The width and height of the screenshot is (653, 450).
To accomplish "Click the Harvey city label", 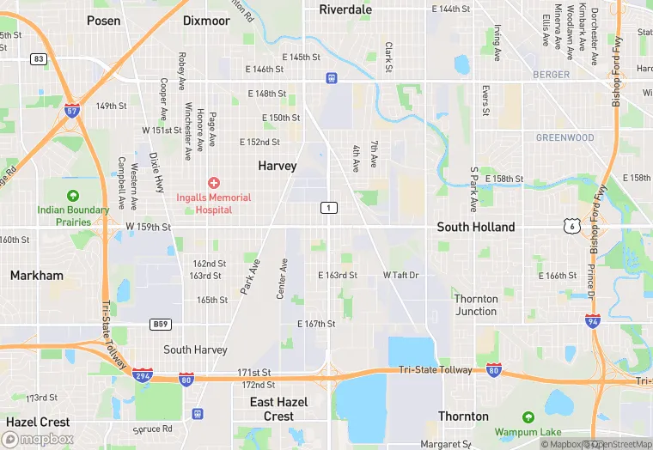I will point(278,166).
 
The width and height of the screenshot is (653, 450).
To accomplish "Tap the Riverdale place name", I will point(345,9).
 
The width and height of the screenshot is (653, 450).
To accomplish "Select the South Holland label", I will point(476,228).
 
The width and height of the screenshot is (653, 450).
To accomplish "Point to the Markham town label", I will point(37,276).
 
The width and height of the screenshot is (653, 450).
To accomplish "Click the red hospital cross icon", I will point(214,183).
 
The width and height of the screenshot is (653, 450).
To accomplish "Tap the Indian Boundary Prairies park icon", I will point(72,195).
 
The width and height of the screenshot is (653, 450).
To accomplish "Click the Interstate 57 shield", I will point(73,111).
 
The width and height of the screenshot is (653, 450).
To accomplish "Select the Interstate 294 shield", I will point(143,375).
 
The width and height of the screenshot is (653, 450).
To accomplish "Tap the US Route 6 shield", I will point(571,225).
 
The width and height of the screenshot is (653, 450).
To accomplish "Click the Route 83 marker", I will point(38,58).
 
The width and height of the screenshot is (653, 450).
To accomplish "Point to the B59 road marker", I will point(159,324).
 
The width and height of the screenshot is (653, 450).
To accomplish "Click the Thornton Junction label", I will point(476,305).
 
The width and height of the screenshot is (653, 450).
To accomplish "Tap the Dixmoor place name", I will point(206,21).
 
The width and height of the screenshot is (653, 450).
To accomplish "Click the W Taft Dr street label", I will point(400,276).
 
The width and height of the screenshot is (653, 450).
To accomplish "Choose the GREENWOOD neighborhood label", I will point(565,137).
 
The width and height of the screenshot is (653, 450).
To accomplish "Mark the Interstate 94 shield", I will point(593,320).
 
